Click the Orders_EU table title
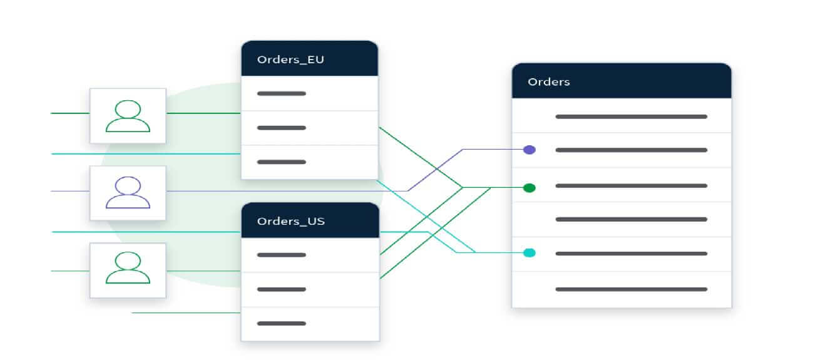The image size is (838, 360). pos(290,60)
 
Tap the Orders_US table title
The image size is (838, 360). pos(290,222)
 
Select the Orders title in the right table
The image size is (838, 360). pos(548,82)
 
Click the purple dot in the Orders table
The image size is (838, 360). pos(529,150)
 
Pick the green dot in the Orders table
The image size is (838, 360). pos(529,188)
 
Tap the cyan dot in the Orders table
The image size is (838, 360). pos(529,253)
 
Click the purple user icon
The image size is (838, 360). pos(128,192)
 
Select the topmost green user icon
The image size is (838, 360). pos(128,116)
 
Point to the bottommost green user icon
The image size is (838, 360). pos(128,267)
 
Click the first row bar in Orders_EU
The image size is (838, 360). pos(282,93)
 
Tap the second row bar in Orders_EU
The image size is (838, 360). pos(282,128)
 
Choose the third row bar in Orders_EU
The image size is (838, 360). pos(282,162)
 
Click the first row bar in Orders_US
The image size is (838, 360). pos(282,255)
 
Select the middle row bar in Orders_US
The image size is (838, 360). pos(282,289)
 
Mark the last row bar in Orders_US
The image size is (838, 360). pos(282,324)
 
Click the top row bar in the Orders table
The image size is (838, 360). pos(631,116)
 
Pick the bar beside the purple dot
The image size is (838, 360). pos(631,150)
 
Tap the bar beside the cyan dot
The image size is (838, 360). pos(631,254)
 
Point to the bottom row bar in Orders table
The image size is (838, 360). pos(631,289)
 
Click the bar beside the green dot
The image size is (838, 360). pos(631,186)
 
